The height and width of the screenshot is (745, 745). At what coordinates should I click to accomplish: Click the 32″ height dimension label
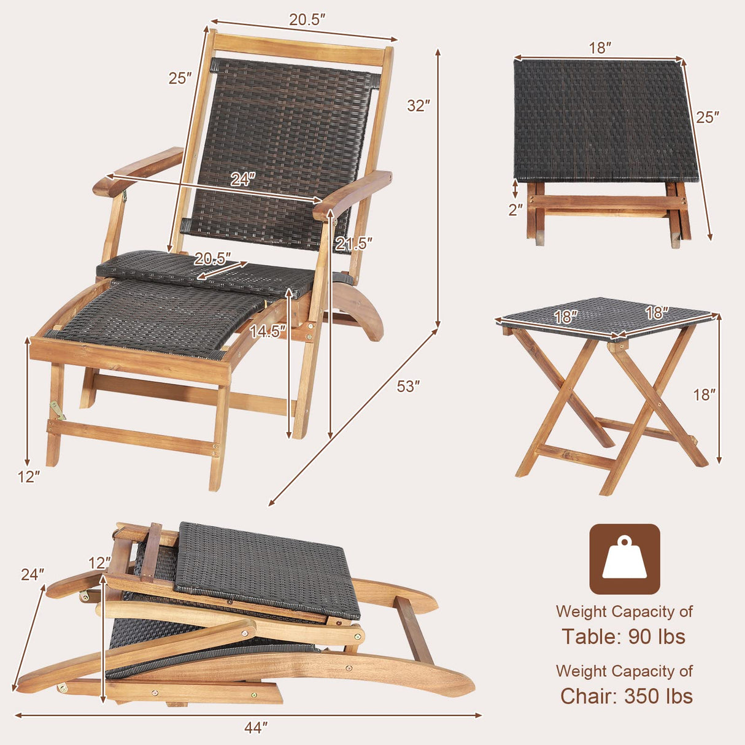click(418, 106)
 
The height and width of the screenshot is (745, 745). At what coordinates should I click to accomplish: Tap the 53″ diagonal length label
click(408, 386)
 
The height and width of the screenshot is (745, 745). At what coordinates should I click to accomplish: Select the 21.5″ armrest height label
click(353, 244)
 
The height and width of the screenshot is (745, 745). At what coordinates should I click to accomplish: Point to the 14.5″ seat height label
click(268, 331)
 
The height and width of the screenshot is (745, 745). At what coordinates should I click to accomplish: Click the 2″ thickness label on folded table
click(515, 209)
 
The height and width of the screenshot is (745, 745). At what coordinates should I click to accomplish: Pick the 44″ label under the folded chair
click(256, 728)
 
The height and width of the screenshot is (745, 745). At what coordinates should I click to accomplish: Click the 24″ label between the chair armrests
click(242, 179)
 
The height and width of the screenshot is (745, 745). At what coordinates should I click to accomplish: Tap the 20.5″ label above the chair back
click(307, 19)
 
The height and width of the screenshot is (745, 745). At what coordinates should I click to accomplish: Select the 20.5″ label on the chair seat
click(213, 258)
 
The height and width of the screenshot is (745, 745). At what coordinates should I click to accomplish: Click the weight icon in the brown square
click(625, 558)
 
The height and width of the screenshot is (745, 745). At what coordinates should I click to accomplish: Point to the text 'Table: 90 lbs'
click(623, 637)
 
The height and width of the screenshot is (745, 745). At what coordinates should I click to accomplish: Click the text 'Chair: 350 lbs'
click(626, 697)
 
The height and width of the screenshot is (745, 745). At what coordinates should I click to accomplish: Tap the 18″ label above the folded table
click(600, 48)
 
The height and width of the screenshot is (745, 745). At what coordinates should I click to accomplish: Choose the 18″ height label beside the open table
click(705, 395)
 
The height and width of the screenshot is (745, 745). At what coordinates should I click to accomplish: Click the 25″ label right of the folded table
click(707, 117)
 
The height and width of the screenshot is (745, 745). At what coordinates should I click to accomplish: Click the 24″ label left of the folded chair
click(33, 575)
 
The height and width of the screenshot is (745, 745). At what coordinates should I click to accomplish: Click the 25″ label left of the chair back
click(180, 79)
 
